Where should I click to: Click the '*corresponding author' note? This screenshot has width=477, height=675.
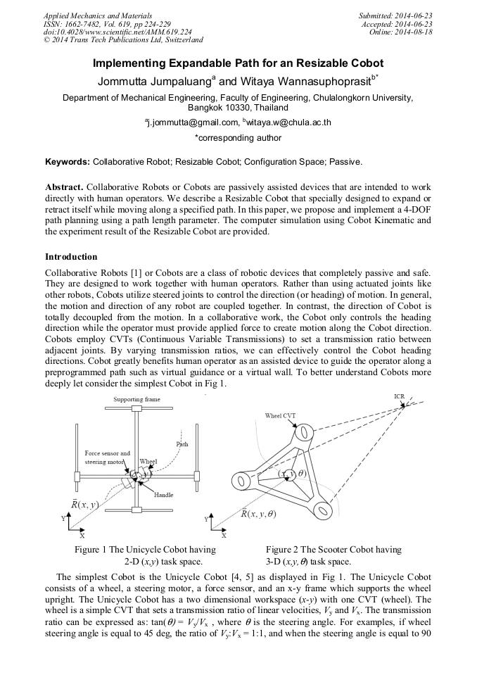(238, 138)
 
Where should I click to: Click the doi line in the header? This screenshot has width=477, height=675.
(117, 32)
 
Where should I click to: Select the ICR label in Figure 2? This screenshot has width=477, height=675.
(398, 397)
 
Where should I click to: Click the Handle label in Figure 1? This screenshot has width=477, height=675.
(163, 495)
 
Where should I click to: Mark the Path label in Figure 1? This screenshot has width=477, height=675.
(182, 444)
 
